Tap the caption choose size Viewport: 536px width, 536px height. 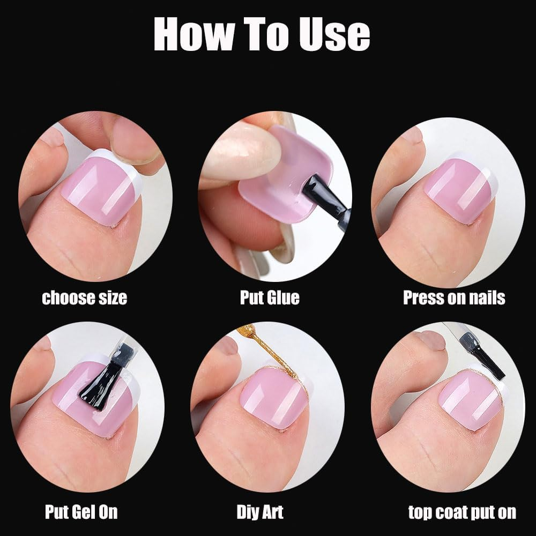click(85, 297)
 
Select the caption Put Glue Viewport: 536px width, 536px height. click(270, 297)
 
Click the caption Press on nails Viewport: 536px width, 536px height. click(454, 297)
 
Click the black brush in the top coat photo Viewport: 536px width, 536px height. click(485, 356)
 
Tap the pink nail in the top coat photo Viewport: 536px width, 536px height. click(461, 402)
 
